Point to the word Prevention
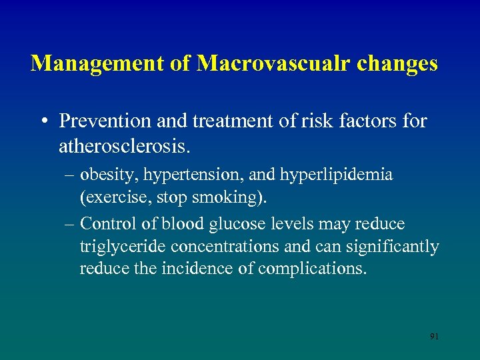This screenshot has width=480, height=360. (100, 121)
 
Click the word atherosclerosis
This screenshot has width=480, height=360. (119, 144)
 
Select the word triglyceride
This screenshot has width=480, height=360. (123, 247)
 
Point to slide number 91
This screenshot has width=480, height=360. (434, 337)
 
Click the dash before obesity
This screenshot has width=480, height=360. (70, 175)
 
